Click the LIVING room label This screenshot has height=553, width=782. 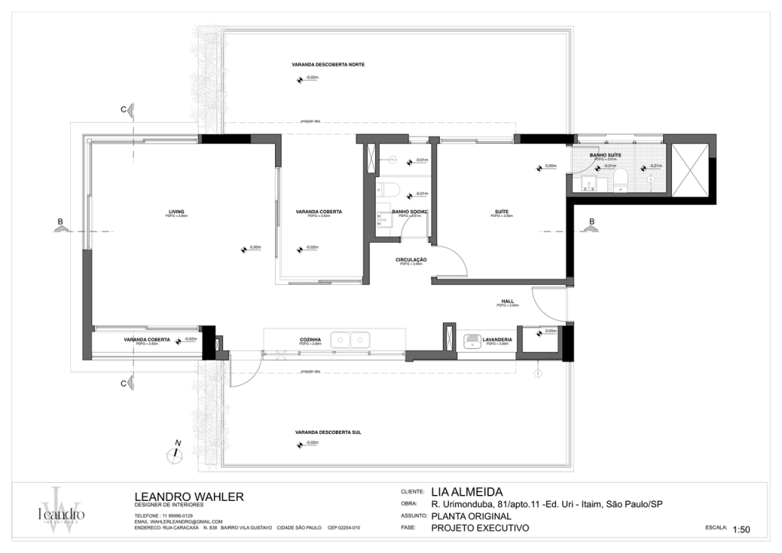[177, 212]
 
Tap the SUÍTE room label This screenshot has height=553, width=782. [502, 212]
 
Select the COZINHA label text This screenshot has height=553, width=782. [309, 340]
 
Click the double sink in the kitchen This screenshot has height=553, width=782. [351, 339]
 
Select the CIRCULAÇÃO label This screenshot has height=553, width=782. [411, 260]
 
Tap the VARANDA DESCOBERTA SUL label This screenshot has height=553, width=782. [317, 432]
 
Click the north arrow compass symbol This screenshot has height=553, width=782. [176, 452]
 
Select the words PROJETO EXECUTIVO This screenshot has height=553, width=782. [479, 528]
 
